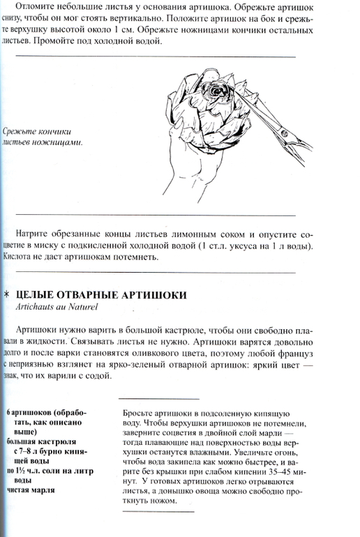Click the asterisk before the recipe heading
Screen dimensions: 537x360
(x=6, y=295)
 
